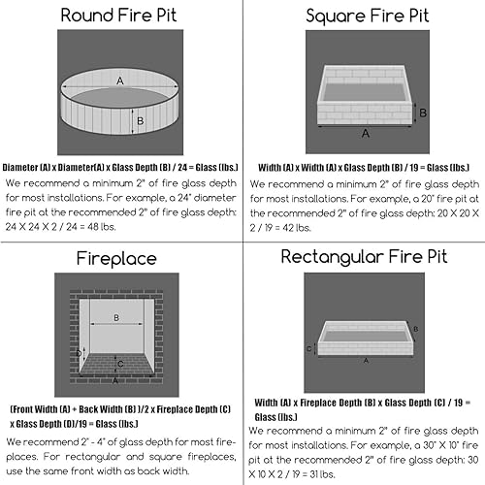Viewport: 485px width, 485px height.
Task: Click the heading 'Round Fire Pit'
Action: coord(121,16)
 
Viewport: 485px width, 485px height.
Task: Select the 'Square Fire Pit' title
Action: coord(365,16)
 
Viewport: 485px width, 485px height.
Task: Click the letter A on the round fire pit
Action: coord(120,83)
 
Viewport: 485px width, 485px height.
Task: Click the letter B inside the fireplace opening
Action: coord(116,317)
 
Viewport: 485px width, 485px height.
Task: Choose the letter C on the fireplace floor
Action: coord(118,366)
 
